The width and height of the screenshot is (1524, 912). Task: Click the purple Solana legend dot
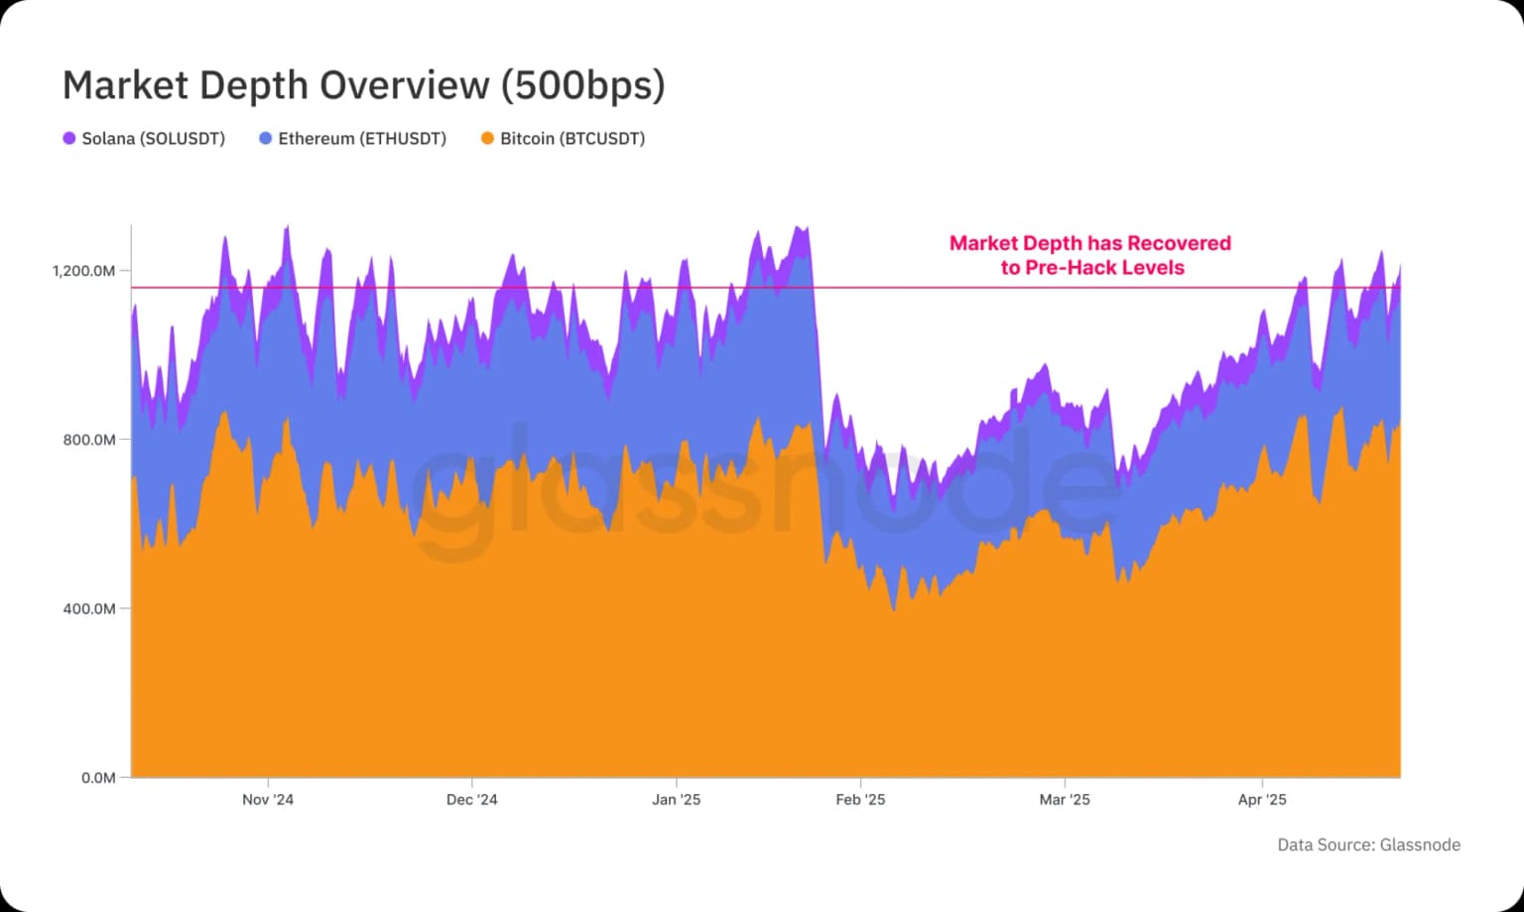click(x=69, y=139)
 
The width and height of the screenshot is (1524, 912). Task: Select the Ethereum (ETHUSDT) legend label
click(x=361, y=139)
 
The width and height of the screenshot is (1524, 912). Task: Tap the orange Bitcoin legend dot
click(x=487, y=139)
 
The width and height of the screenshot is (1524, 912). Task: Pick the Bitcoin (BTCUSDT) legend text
click(x=571, y=139)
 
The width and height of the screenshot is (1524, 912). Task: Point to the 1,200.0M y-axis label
click(x=84, y=271)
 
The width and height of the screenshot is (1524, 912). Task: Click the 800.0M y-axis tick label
click(x=89, y=440)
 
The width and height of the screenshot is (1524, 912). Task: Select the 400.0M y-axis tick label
click(x=89, y=608)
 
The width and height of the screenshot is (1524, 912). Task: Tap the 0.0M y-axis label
click(x=98, y=777)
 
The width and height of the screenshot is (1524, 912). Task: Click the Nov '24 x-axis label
click(x=268, y=800)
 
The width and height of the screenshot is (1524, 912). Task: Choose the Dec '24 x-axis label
click(x=472, y=800)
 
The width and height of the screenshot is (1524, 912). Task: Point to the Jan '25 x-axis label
click(x=676, y=800)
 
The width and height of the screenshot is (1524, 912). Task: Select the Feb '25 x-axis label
click(x=860, y=800)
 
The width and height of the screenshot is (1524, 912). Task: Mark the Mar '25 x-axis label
click(x=1065, y=800)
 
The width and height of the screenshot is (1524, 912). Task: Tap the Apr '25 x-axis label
click(x=1262, y=800)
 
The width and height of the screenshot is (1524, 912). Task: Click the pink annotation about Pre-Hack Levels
click(x=1090, y=255)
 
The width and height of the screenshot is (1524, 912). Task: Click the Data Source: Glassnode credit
click(x=1368, y=846)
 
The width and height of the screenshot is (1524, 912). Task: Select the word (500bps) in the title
click(x=582, y=85)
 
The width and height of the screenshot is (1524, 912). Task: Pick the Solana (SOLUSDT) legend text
click(x=153, y=139)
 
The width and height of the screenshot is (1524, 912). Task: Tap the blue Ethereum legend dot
click(x=265, y=139)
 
